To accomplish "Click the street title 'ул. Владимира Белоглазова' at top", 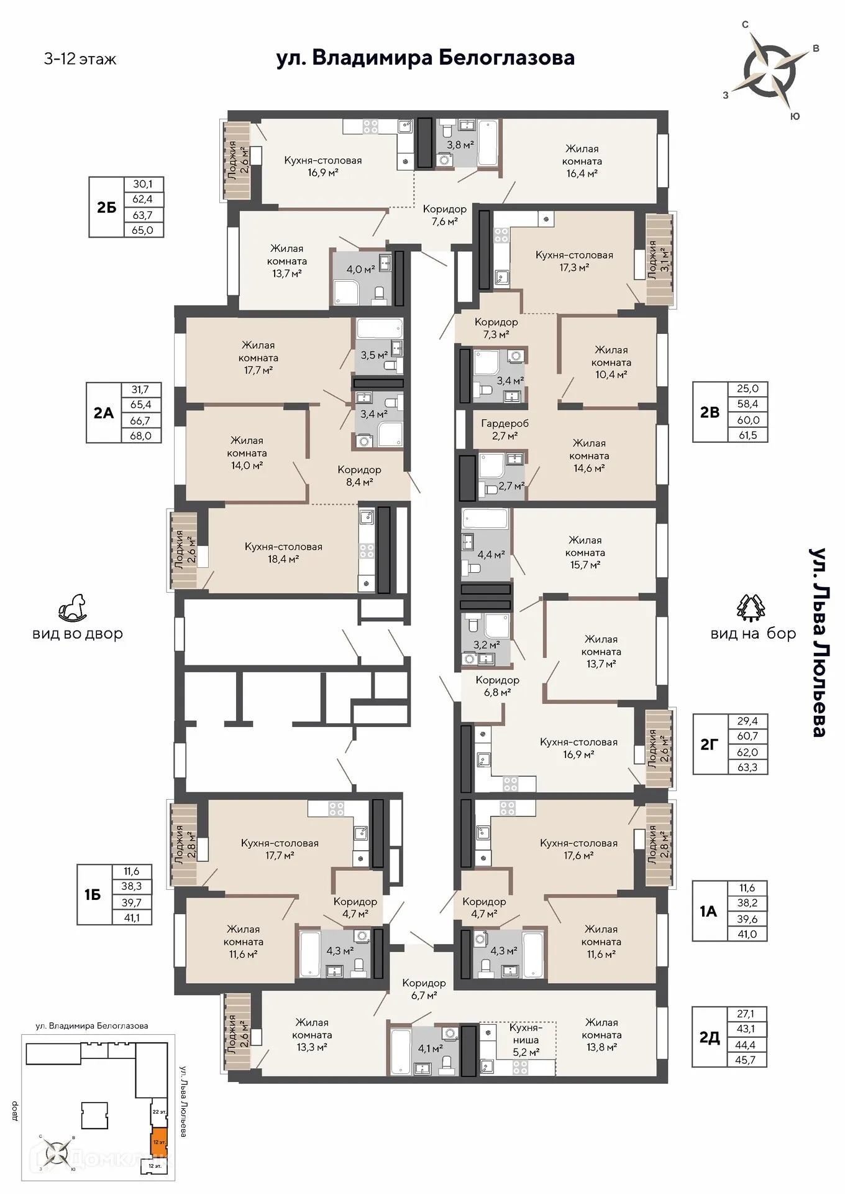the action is (x=425, y=58).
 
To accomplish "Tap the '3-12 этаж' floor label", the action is (x=80, y=59).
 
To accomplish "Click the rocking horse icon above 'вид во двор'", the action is (x=73, y=608).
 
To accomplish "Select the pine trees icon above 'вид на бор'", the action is (x=751, y=608).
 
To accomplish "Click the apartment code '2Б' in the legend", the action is (x=107, y=207).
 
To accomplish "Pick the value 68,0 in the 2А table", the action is (x=140, y=435).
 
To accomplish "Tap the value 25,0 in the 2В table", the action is (x=747, y=389).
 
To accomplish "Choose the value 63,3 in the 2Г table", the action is (x=747, y=767).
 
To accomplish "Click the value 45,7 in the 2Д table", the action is (x=745, y=1060).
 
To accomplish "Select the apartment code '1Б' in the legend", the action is (x=93, y=895).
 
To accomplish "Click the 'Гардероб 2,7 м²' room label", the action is (x=505, y=429).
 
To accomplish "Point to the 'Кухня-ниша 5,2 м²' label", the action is (x=526, y=1040).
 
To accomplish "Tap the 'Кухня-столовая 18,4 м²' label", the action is (x=283, y=552).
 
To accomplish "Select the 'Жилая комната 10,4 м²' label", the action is (x=611, y=362).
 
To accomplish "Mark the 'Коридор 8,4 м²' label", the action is (x=359, y=475).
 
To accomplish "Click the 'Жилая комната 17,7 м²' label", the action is (x=258, y=358).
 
